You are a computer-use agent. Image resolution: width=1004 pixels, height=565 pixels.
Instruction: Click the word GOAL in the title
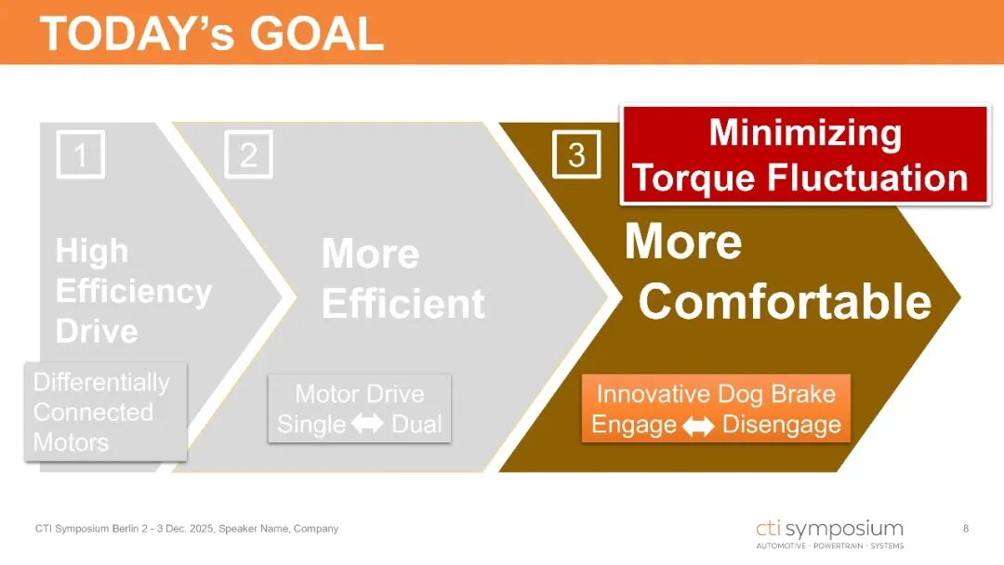coord(316,33)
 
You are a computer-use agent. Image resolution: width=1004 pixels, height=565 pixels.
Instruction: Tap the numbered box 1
coord(81,154)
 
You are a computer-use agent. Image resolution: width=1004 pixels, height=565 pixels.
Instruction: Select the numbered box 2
coord(248,154)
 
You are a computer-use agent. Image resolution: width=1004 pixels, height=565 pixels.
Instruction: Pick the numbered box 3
coord(576,154)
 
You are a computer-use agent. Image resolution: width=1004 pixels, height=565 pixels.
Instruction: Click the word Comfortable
coord(785,301)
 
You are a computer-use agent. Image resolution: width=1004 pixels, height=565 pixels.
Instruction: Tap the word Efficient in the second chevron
coord(403,303)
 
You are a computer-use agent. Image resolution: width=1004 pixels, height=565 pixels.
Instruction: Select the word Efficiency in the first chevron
coord(134,292)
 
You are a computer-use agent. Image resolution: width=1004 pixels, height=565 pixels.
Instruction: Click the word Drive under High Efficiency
coord(97,331)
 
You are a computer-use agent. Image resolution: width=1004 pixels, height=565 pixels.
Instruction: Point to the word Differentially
coord(102,382)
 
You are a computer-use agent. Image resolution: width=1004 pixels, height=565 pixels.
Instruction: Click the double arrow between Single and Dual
coord(367,423)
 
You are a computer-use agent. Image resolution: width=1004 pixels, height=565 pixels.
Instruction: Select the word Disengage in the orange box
coord(782,425)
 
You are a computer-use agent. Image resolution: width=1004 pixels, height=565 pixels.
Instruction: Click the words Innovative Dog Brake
coord(716,394)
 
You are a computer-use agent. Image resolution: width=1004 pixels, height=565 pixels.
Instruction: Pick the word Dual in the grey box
coord(416,424)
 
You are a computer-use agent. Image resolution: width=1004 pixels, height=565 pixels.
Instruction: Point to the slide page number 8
coord(966,529)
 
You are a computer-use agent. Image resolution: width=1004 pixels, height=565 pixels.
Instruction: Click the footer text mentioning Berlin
coord(186,529)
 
